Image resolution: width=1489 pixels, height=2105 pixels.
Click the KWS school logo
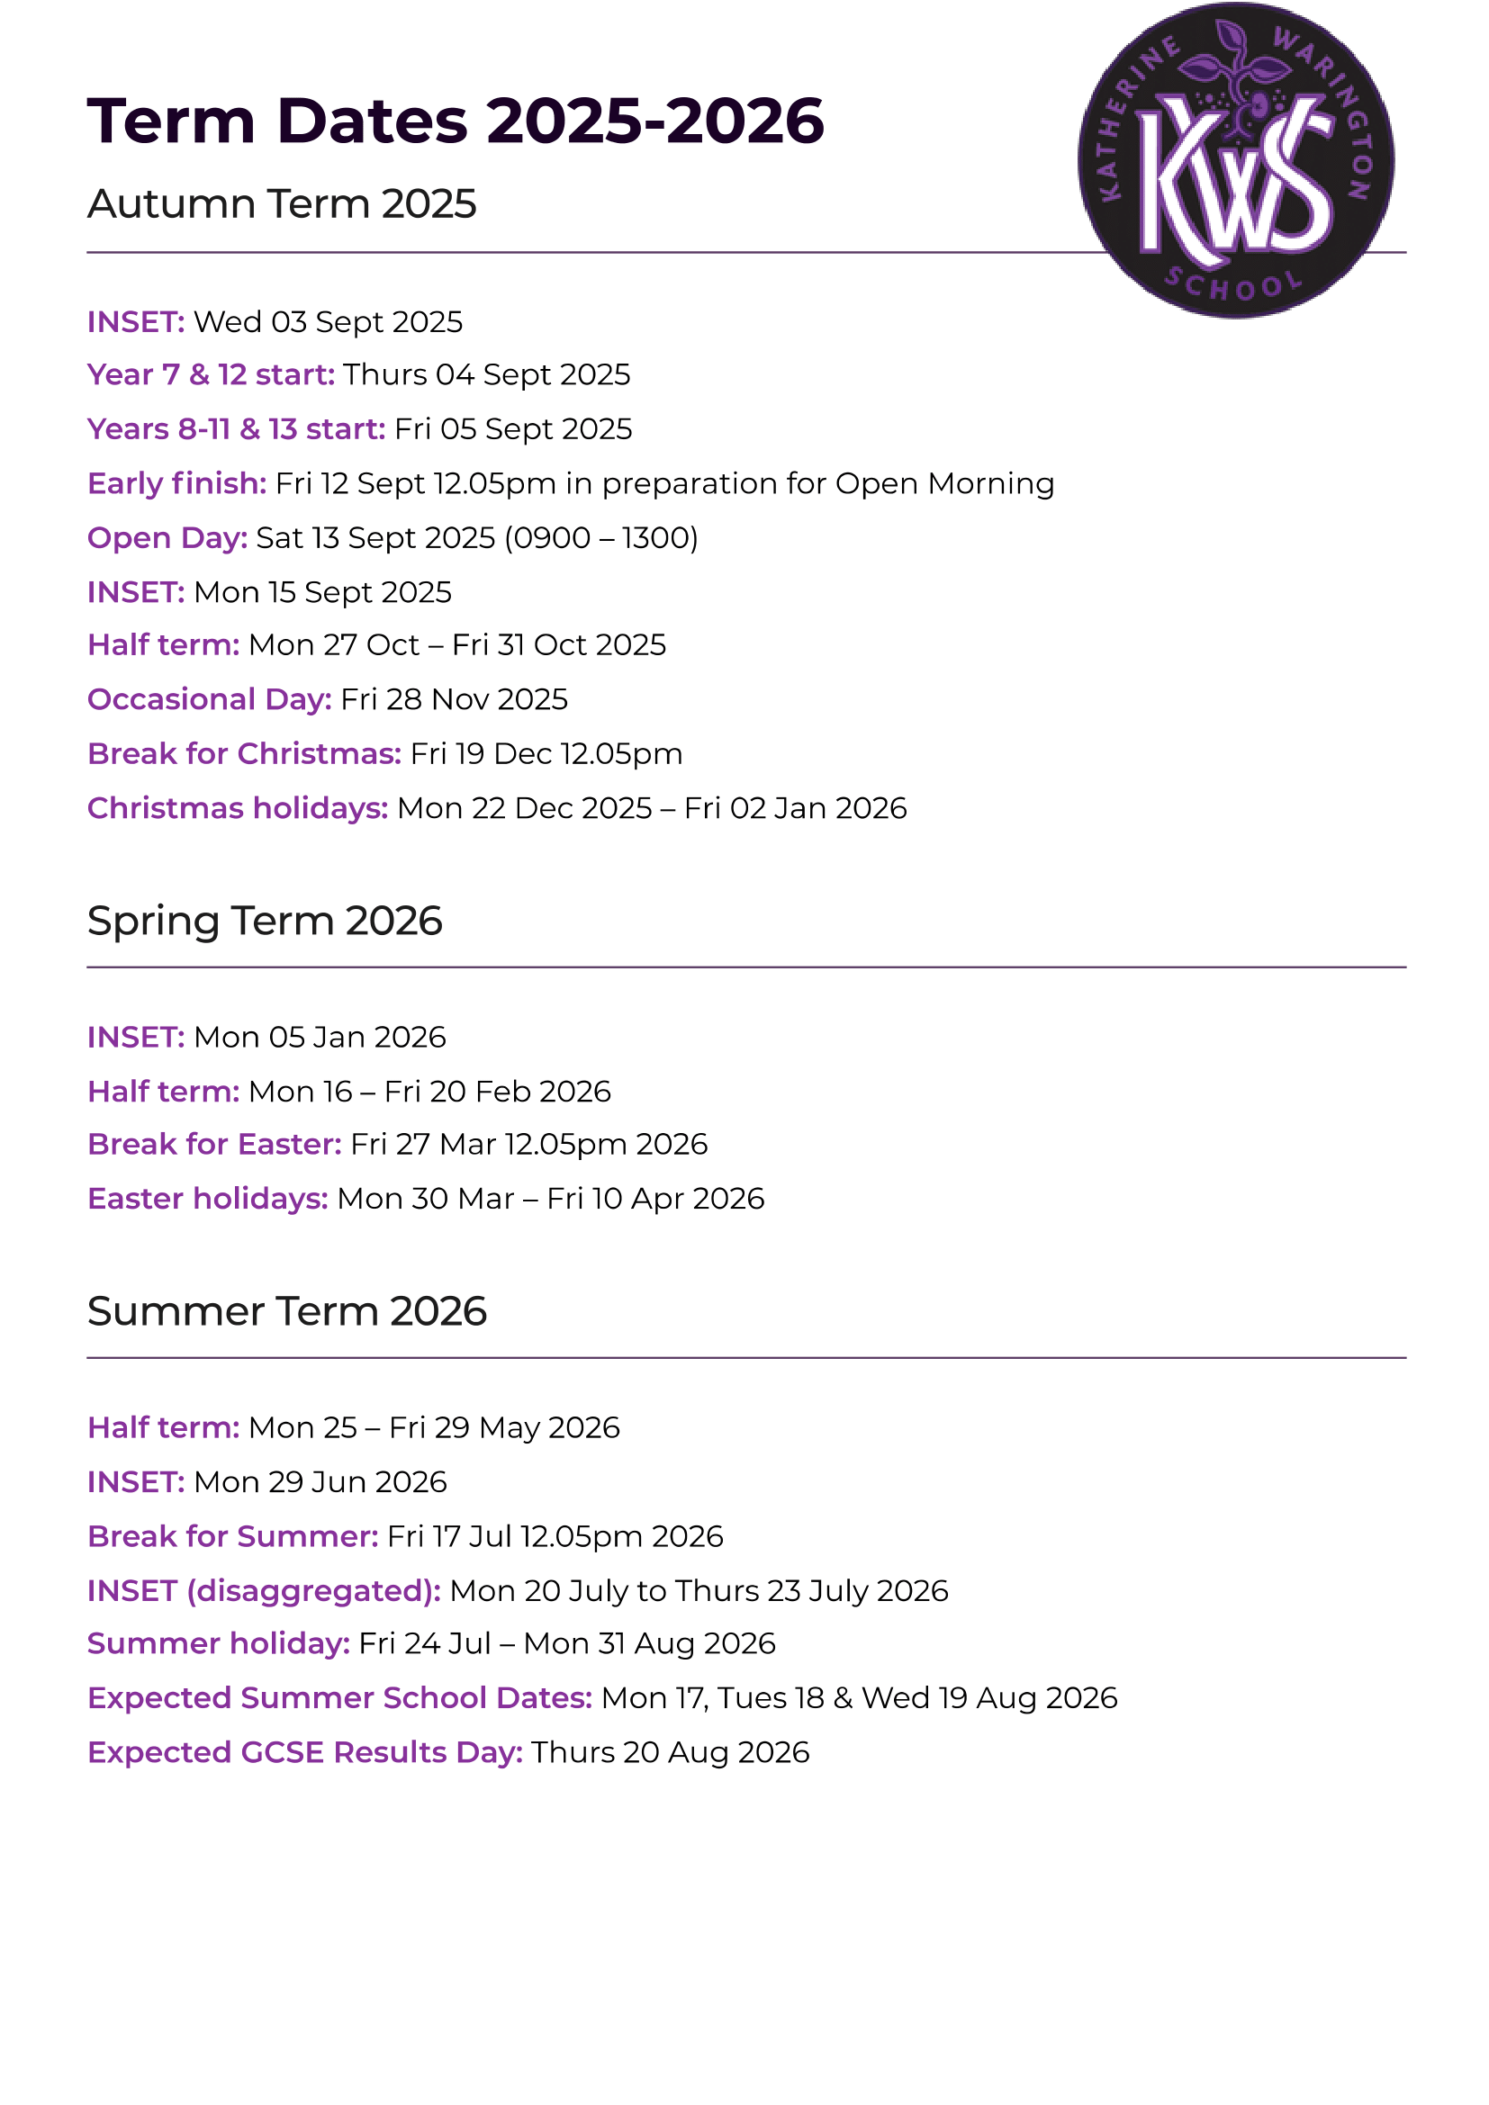(x=1235, y=161)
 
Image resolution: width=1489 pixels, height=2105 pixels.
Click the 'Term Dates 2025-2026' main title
(x=456, y=120)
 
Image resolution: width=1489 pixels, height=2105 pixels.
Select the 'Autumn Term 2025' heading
(x=282, y=203)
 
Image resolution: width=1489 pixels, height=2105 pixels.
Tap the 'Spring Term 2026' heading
(x=264, y=920)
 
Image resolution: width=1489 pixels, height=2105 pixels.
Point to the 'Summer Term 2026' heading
(x=286, y=1310)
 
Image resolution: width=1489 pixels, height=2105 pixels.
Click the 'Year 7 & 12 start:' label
(x=211, y=374)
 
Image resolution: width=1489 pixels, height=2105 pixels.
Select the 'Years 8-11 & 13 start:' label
(x=236, y=428)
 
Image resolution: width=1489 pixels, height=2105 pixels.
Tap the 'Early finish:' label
(x=177, y=483)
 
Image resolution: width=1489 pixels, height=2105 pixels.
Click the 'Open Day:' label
(x=167, y=537)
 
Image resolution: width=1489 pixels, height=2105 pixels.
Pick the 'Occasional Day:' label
(x=209, y=698)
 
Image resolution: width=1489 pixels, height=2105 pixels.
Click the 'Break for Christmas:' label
(x=244, y=753)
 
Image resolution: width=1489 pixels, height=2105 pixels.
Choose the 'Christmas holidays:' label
(x=238, y=807)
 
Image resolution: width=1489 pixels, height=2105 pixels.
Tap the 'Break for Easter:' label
(x=214, y=1144)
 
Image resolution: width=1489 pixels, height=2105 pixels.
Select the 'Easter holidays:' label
(x=207, y=1198)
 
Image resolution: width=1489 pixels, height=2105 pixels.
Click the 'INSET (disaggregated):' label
(x=264, y=1589)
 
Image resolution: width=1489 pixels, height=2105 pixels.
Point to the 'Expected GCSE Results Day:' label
(x=304, y=1752)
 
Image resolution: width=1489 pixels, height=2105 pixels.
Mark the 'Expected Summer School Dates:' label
(x=339, y=1698)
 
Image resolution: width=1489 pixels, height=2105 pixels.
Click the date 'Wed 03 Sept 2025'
(x=329, y=322)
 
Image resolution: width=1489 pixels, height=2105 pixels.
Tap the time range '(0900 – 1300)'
(x=600, y=537)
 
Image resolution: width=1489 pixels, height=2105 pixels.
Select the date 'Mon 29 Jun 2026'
(x=320, y=1481)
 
